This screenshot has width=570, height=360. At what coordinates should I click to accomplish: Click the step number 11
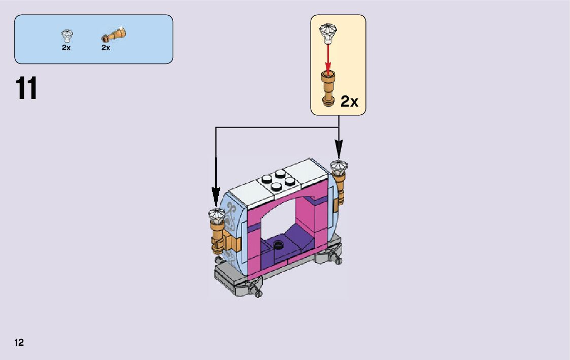click(27, 89)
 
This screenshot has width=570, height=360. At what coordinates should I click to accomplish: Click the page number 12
click(19, 342)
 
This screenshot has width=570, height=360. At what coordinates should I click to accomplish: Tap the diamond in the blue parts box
click(66, 36)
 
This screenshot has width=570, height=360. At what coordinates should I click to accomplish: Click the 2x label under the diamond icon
click(66, 48)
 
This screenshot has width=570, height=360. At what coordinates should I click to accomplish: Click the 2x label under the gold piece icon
click(106, 48)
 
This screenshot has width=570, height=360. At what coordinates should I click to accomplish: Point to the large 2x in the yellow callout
click(349, 102)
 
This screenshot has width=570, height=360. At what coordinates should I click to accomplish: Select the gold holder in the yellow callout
click(328, 89)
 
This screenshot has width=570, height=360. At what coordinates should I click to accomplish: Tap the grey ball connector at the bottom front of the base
click(255, 290)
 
